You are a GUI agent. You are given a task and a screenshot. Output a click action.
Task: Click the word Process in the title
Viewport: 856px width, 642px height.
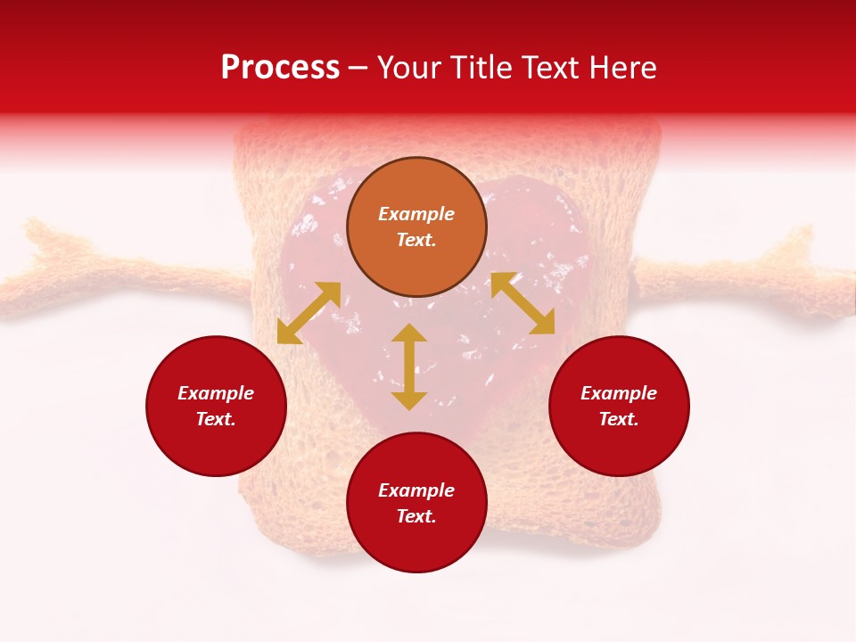[x=280, y=68]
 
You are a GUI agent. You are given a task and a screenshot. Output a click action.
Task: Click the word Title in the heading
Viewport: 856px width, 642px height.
[x=481, y=68]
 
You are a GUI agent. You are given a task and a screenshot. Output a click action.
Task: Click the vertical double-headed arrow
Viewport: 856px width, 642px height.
[x=409, y=366]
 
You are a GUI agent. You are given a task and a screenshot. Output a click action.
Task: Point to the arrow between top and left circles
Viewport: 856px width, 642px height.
[x=309, y=313]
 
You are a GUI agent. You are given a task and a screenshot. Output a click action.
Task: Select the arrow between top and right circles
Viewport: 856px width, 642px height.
[x=523, y=303]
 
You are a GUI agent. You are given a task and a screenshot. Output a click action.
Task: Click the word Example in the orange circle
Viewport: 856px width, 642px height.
[x=416, y=214]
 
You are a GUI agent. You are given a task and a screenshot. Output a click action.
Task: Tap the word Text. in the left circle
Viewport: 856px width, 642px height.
[x=216, y=419]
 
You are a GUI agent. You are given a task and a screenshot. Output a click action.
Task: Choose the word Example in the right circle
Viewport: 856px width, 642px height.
[x=619, y=393]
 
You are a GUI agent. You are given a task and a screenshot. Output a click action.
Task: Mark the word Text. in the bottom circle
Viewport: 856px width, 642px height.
[x=416, y=516]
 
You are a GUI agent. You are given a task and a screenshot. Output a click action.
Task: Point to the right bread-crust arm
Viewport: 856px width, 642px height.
[x=749, y=276]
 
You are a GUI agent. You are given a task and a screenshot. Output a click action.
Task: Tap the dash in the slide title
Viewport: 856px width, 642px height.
[x=358, y=69]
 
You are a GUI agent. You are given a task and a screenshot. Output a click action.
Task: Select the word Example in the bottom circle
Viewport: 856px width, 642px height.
[x=416, y=490]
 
